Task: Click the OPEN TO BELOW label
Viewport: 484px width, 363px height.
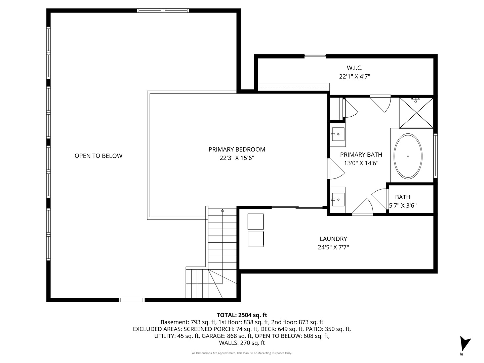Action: point(98,156)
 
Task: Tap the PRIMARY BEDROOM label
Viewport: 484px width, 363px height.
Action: point(237,150)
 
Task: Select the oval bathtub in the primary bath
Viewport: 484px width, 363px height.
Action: point(408,156)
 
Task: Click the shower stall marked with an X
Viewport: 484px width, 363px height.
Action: point(416,113)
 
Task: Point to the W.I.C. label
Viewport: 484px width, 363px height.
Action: point(355,68)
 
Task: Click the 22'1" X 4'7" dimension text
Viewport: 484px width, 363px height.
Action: point(355,77)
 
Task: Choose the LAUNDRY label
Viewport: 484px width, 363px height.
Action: point(333,239)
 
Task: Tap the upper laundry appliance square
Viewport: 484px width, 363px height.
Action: point(255,221)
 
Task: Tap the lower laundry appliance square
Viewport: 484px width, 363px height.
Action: point(255,239)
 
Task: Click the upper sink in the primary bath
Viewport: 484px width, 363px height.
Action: point(338,134)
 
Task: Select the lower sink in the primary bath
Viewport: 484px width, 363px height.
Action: point(338,200)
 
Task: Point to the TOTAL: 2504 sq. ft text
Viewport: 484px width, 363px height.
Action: point(242,315)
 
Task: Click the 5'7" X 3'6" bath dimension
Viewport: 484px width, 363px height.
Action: point(403,206)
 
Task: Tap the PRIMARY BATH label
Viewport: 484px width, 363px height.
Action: point(361,155)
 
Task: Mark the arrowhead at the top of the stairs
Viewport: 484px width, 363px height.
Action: point(222,210)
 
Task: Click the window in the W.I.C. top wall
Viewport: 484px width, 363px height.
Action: point(315,56)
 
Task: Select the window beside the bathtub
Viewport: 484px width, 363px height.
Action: point(436,156)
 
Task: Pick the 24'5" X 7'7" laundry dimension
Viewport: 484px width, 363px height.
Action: point(333,247)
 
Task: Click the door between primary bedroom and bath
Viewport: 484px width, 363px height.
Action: point(335,169)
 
